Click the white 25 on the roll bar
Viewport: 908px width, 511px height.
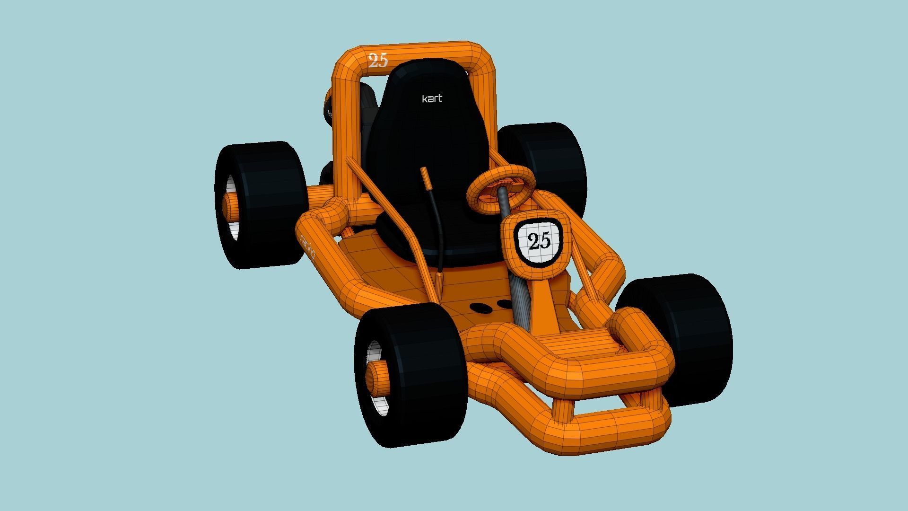378,60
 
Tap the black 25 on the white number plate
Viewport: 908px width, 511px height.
539,241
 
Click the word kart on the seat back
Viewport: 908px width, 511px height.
432,98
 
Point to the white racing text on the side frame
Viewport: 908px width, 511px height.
308,247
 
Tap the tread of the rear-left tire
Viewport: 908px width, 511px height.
274,203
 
